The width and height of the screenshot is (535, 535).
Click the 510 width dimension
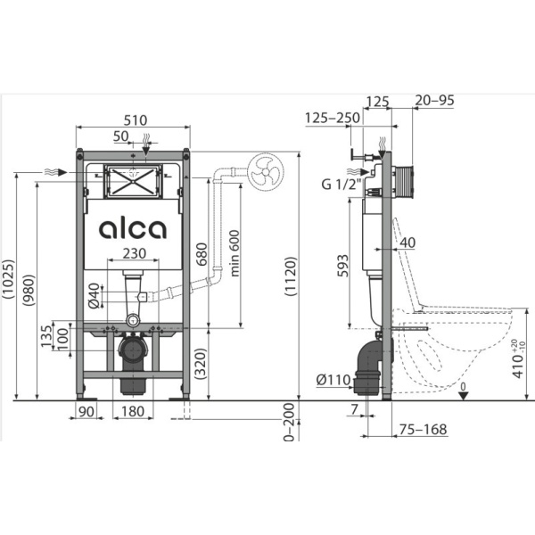136,120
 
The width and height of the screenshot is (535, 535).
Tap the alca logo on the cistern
133,228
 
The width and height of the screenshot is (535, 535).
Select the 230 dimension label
135,253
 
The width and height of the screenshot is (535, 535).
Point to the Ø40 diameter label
94,296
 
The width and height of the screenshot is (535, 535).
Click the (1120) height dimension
291,276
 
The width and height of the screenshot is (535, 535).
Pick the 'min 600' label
235,253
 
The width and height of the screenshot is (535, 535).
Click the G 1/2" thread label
342,185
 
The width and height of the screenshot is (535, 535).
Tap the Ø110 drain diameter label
333,380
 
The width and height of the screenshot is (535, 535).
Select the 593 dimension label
343,266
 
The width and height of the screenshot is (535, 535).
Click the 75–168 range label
423,429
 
